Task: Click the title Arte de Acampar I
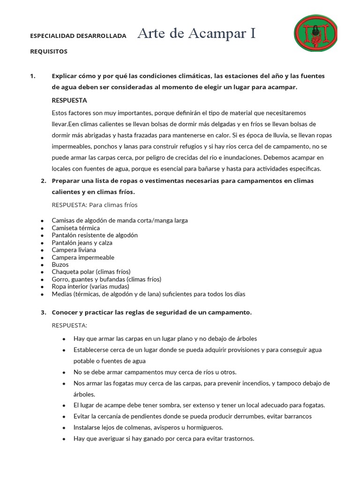point(197,33)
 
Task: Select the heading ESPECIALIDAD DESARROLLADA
point(78,35)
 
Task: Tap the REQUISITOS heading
point(49,51)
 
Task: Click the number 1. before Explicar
point(33,75)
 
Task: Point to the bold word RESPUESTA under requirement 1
point(69,100)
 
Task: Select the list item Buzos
point(60,264)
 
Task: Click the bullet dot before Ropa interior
point(42,287)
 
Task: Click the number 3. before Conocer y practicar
point(43,312)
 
